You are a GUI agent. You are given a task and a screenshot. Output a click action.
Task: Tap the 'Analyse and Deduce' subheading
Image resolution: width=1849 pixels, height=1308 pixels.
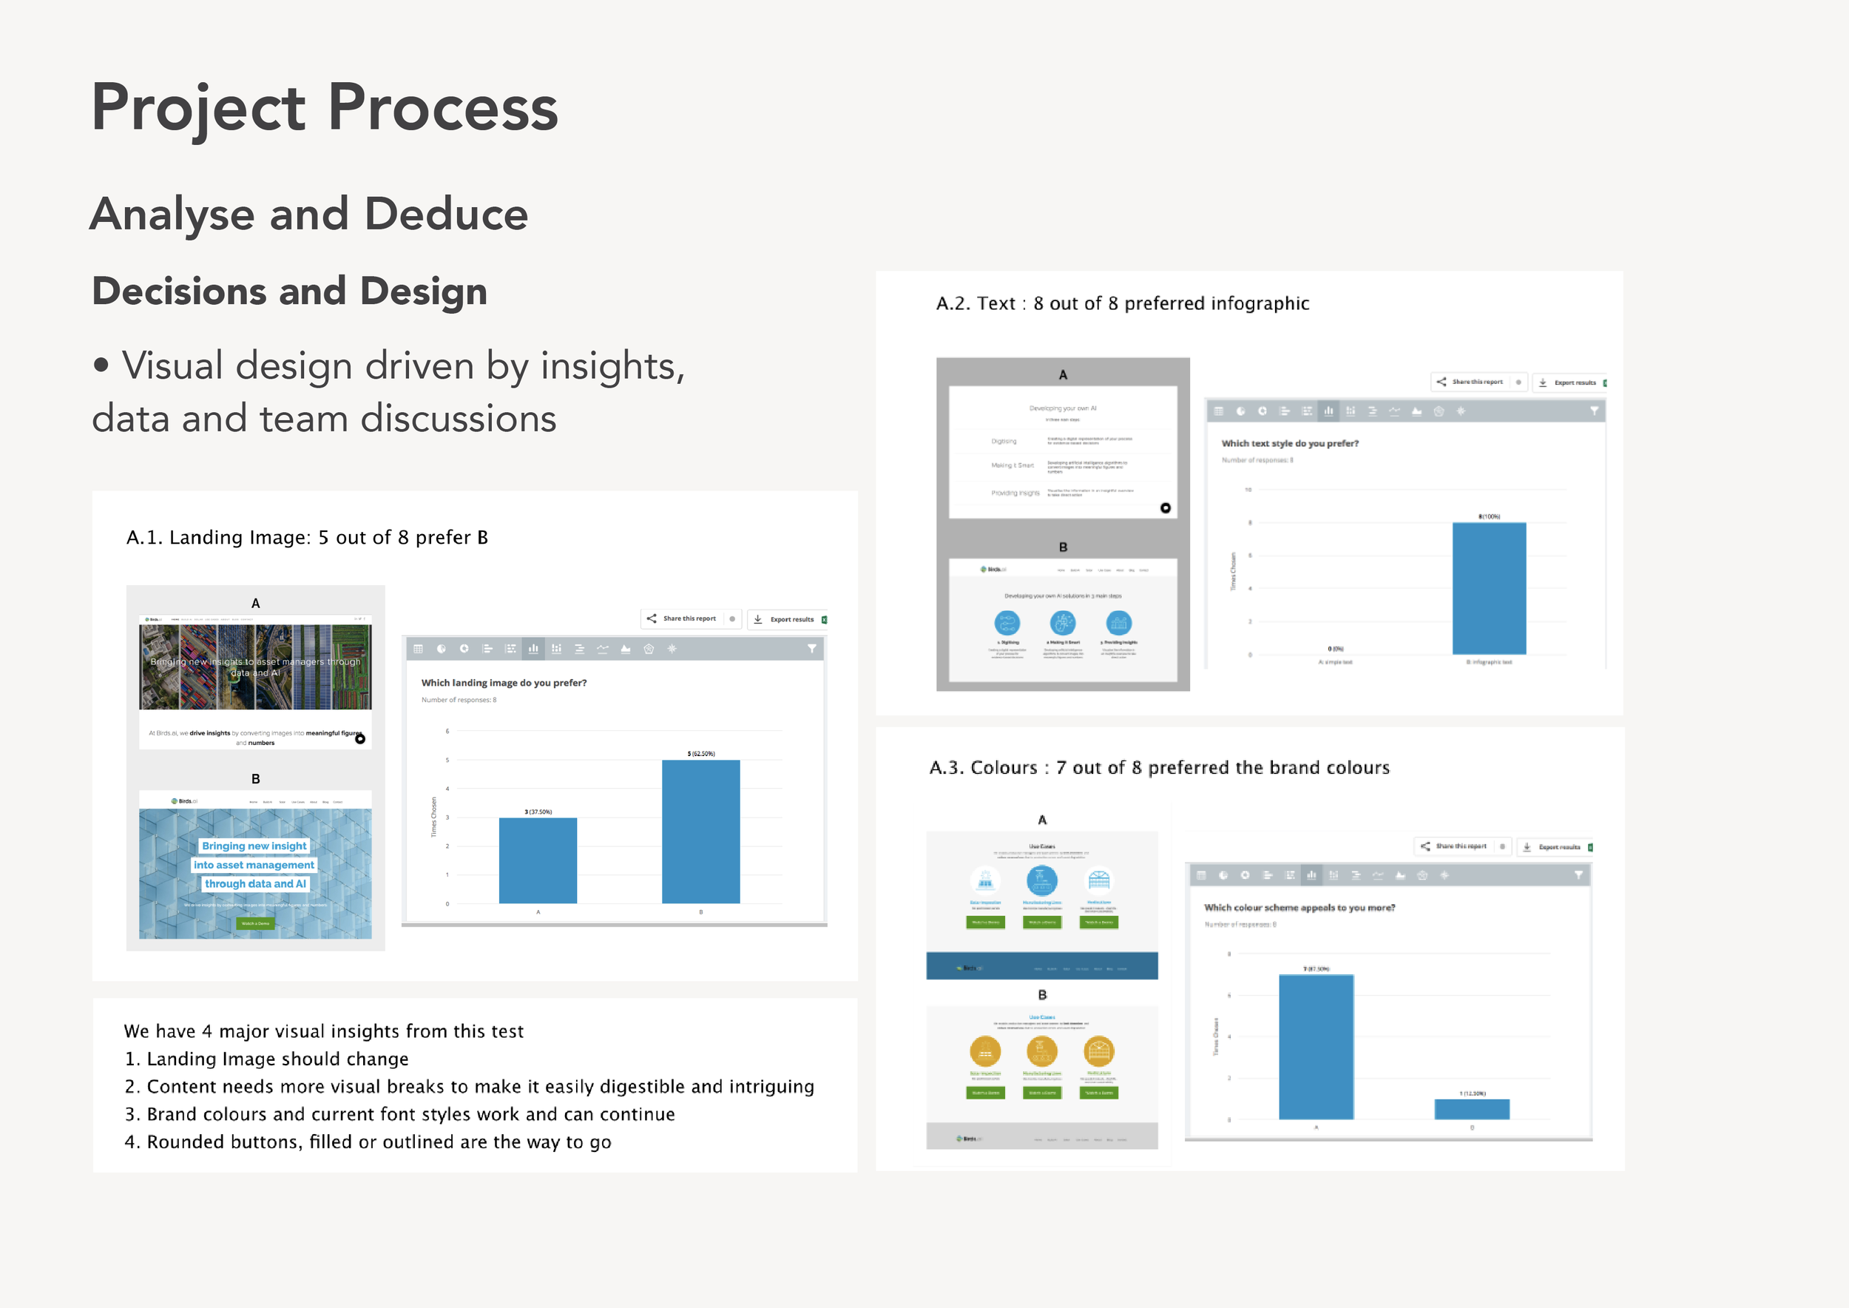308,215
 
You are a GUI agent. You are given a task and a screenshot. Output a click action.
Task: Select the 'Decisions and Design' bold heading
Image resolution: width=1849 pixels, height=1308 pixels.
289,291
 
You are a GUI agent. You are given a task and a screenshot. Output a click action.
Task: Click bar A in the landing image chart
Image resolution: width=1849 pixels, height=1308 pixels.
537,860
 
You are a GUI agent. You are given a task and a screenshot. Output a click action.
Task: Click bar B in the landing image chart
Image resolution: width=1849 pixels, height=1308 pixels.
700,832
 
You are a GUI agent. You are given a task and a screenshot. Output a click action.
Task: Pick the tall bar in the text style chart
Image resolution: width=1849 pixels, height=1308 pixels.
1488,588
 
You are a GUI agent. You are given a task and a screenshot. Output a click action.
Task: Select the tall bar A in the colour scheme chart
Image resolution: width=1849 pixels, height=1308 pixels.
1316,1046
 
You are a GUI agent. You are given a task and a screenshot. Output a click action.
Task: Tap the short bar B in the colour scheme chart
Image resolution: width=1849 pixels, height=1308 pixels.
1471,1109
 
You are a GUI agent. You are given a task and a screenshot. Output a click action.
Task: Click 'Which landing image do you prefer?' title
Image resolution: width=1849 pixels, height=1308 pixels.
504,683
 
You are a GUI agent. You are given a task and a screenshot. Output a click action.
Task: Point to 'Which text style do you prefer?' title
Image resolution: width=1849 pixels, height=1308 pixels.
1289,444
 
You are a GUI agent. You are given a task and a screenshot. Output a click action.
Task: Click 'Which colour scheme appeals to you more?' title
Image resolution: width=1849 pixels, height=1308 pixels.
1299,908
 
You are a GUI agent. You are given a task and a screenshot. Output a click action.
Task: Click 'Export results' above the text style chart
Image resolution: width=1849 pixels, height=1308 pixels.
1574,382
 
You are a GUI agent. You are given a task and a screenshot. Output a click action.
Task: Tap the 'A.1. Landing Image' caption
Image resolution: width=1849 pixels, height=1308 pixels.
307,537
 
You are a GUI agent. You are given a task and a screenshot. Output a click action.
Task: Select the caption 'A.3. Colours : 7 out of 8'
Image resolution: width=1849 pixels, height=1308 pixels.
1159,768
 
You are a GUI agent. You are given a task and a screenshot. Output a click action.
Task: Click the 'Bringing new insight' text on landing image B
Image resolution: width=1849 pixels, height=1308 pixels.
254,846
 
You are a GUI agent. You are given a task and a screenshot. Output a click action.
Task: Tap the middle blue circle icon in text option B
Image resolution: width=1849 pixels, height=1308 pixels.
1062,623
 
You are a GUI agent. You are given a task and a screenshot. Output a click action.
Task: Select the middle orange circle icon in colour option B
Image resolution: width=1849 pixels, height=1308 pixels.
1041,1051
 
